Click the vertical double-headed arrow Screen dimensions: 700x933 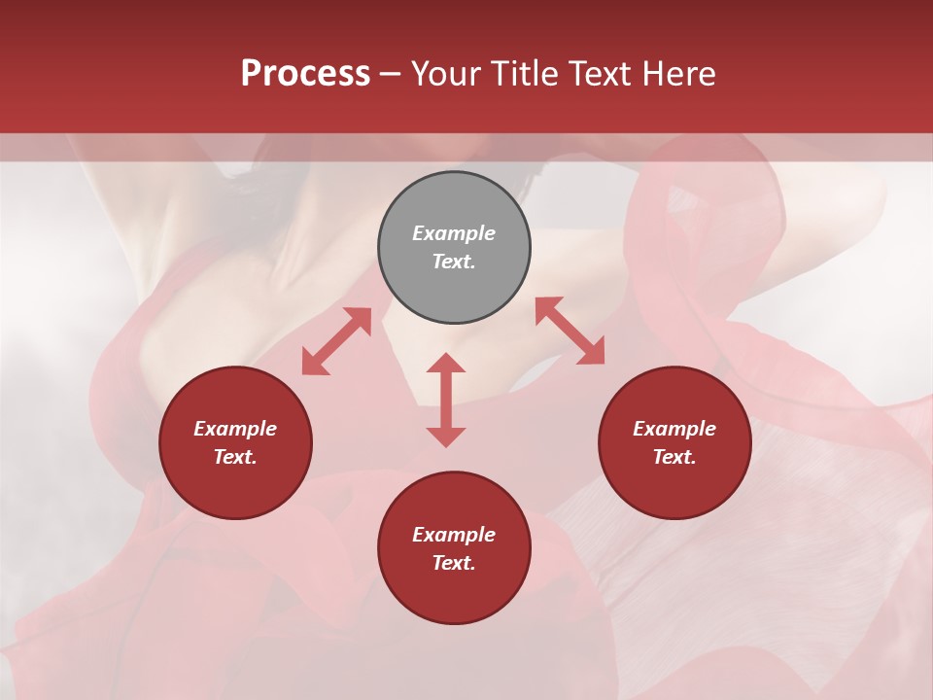[446, 400]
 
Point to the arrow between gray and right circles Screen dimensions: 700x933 [570, 331]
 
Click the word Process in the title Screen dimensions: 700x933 [305, 74]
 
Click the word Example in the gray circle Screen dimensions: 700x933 [454, 233]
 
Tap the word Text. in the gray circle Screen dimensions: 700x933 [454, 262]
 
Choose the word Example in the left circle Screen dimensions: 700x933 [235, 429]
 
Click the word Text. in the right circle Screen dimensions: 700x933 [674, 457]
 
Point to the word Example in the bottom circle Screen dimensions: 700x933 [454, 535]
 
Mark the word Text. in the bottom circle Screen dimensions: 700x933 [454, 563]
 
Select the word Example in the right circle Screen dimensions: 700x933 [674, 429]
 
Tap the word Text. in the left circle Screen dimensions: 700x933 [235, 457]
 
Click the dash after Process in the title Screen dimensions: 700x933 [391, 74]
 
